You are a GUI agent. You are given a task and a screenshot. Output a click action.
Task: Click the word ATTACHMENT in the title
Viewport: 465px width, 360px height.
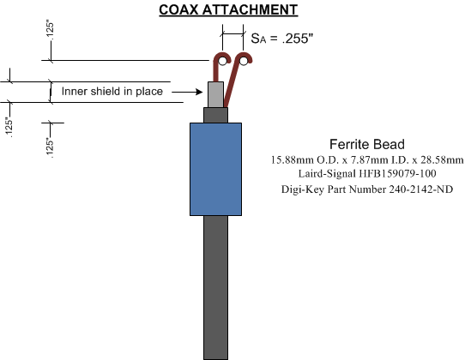point(250,9)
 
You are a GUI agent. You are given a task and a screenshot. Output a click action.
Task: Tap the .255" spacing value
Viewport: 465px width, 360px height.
point(298,39)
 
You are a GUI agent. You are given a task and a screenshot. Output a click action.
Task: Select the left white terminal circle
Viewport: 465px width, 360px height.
point(223,62)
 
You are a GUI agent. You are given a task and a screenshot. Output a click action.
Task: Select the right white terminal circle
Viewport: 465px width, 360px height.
point(244,62)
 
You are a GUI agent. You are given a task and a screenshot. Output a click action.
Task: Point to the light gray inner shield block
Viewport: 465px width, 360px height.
point(215,94)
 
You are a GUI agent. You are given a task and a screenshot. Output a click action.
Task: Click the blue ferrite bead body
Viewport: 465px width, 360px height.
point(215,169)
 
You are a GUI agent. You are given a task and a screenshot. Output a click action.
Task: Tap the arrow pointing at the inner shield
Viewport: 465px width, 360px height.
point(187,93)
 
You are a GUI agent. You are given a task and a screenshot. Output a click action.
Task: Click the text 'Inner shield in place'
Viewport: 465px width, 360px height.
point(112,91)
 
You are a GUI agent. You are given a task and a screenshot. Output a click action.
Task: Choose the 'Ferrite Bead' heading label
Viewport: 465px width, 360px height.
point(367,144)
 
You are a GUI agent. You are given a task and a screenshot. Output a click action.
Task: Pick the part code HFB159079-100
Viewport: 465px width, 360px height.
point(397,174)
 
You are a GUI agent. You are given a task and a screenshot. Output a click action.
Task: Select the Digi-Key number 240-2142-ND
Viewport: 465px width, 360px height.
point(420,189)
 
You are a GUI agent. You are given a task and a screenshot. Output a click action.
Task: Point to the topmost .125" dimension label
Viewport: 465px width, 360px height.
point(50,30)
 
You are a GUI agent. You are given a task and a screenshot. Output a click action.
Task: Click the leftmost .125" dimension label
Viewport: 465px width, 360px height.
point(9,128)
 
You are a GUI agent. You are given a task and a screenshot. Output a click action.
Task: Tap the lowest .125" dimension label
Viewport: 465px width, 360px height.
point(50,147)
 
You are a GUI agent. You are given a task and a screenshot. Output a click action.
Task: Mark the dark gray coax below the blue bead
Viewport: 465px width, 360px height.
point(215,287)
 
